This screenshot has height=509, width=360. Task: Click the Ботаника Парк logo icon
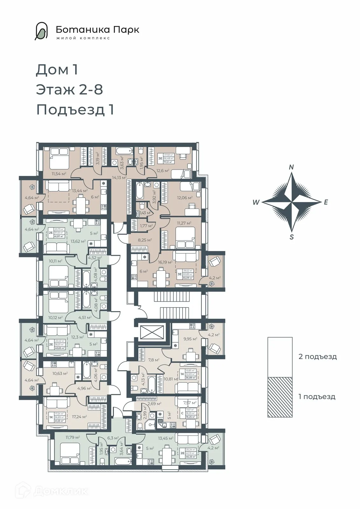[41, 31]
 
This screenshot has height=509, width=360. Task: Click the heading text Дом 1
[57, 70]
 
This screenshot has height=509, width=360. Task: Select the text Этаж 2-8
[70, 89]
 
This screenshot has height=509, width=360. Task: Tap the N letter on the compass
[291, 167]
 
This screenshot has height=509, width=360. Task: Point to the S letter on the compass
[292, 237]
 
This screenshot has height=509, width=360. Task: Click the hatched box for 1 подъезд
[280, 397]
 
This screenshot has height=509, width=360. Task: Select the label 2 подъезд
[317, 357]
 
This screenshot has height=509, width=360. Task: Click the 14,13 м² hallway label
[119, 178]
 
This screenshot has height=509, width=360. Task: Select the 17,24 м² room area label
[79, 416]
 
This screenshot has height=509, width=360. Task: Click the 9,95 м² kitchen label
[190, 339]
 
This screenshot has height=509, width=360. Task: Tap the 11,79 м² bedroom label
[73, 437]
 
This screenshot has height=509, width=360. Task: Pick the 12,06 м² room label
[185, 198]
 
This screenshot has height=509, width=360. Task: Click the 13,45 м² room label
[166, 438]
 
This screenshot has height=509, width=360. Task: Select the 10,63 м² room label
[60, 373]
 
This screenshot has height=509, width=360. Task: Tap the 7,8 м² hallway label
[154, 360]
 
